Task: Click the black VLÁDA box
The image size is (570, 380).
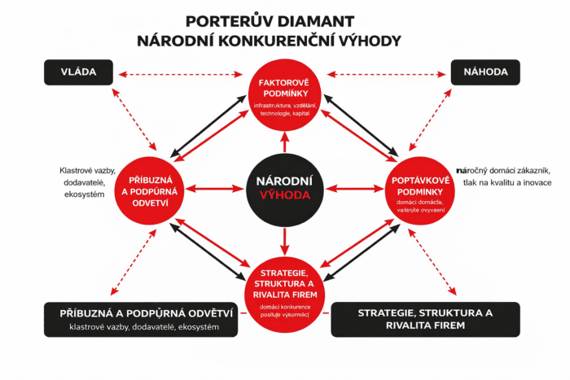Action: (78, 73)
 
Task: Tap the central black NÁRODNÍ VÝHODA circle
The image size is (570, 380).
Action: (284, 188)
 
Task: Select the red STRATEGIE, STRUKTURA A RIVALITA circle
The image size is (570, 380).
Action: (284, 285)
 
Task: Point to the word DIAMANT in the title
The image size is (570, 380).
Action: (337, 20)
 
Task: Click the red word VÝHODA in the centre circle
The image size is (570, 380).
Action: (284, 195)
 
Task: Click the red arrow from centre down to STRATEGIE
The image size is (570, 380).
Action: (284, 238)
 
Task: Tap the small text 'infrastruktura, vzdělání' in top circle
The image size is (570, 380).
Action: (284, 106)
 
